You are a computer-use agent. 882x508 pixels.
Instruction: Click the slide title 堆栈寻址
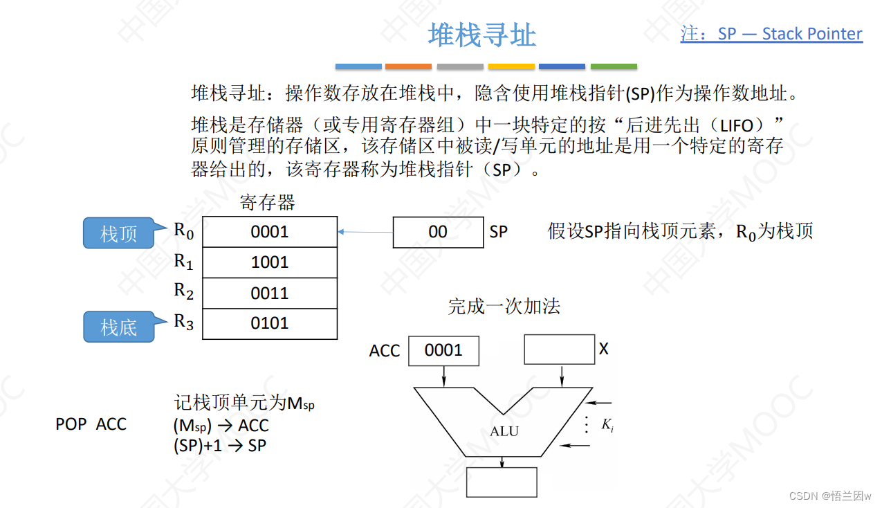(x=481, y=35)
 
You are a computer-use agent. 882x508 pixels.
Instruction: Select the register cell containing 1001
(x=269, y=262)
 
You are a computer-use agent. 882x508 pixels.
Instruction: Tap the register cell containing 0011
(x=269, y=293)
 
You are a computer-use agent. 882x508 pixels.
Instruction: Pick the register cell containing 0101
(x=269, y=323)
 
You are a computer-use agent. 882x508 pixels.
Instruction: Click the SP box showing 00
(x=438, y=232)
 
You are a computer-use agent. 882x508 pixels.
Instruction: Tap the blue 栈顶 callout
(x=118, y=233)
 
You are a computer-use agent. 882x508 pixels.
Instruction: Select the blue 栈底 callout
(x=118, y=327)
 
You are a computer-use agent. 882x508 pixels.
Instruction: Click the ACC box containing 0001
(x=443, y=350)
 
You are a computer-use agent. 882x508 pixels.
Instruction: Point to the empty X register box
(x=559, y=350)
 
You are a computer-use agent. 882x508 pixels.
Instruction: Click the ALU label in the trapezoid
(x=504, y=431)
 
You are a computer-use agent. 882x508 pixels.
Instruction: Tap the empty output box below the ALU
(x=502, y=482)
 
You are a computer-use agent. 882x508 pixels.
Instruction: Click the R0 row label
(x=183, y=231)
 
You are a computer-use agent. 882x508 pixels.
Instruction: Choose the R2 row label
(x=183, y=291)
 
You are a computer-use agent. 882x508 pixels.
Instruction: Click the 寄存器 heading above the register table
(x=268, y=203)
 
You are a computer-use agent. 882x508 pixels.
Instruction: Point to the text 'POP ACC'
(x=91, y=424)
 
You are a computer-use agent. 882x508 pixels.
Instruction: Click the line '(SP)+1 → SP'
(x=219, y=446)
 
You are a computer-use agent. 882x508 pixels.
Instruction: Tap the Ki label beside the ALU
(x=607, y=426)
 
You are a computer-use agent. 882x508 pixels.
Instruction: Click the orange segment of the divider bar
(x=408, y=66)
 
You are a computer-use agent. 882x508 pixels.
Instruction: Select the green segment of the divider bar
(x=614, y=66)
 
